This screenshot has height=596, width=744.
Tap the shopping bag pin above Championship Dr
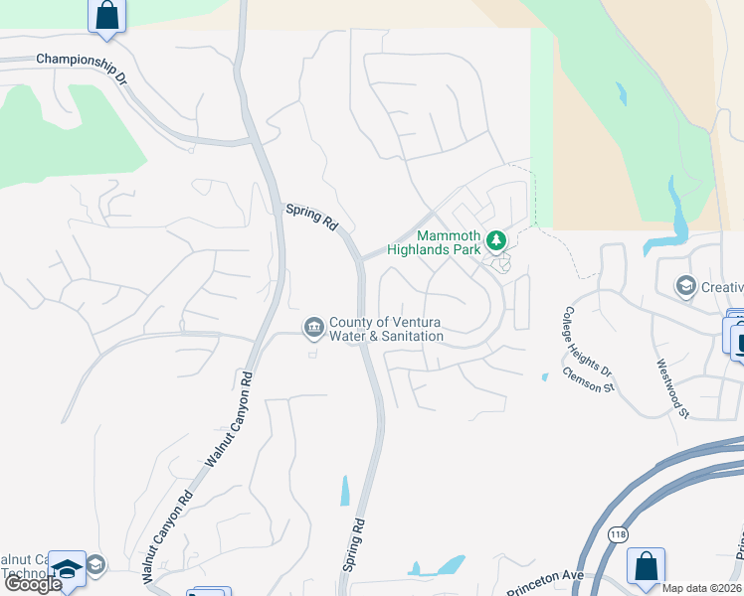(107, 16)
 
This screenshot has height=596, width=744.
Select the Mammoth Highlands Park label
(449, 242)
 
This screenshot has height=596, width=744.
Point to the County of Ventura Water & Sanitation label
(386, 330)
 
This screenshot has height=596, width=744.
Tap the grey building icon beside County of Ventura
(313, 328)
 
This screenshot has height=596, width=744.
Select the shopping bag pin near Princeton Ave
(646, 566)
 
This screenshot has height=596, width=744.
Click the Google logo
(33, 584)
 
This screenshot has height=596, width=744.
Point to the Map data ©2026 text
(702, 588)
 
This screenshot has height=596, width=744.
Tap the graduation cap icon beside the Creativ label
(685, 287)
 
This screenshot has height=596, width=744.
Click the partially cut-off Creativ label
(721, 287)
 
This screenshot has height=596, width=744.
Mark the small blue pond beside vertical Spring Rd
(345, 491)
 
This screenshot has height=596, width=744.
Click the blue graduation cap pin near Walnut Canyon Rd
(68, 569)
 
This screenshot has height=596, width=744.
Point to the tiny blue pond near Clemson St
(544, 376)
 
